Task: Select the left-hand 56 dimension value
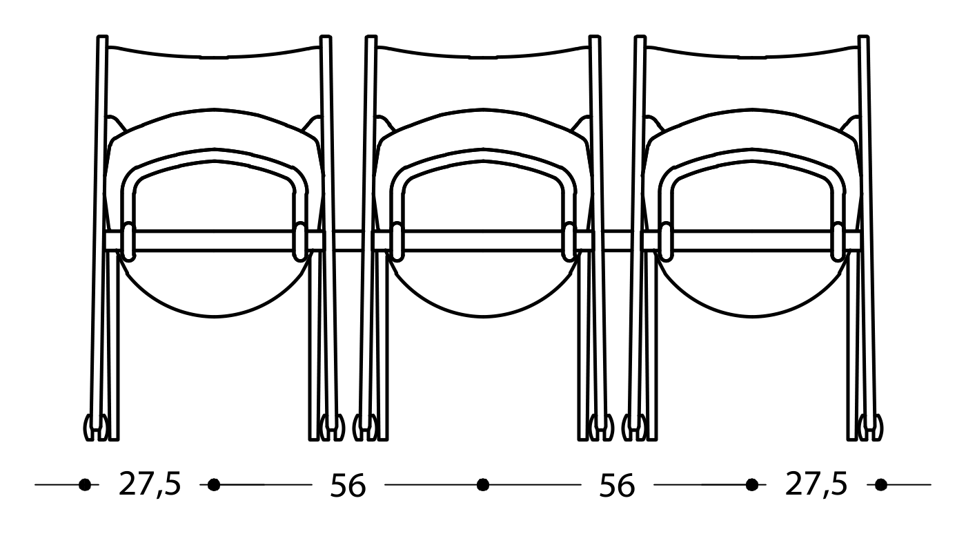point(347,486)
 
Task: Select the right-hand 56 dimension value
point(616,486)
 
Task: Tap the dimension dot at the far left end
point(85,485)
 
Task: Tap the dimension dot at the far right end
point(881,485)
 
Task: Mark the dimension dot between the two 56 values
point(483,485)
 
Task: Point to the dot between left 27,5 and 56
point(214,485)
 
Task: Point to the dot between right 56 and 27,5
point(752,485)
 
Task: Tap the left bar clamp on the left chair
point(128,242)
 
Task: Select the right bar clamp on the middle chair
point(569,242)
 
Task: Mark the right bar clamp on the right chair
point(838,242)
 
